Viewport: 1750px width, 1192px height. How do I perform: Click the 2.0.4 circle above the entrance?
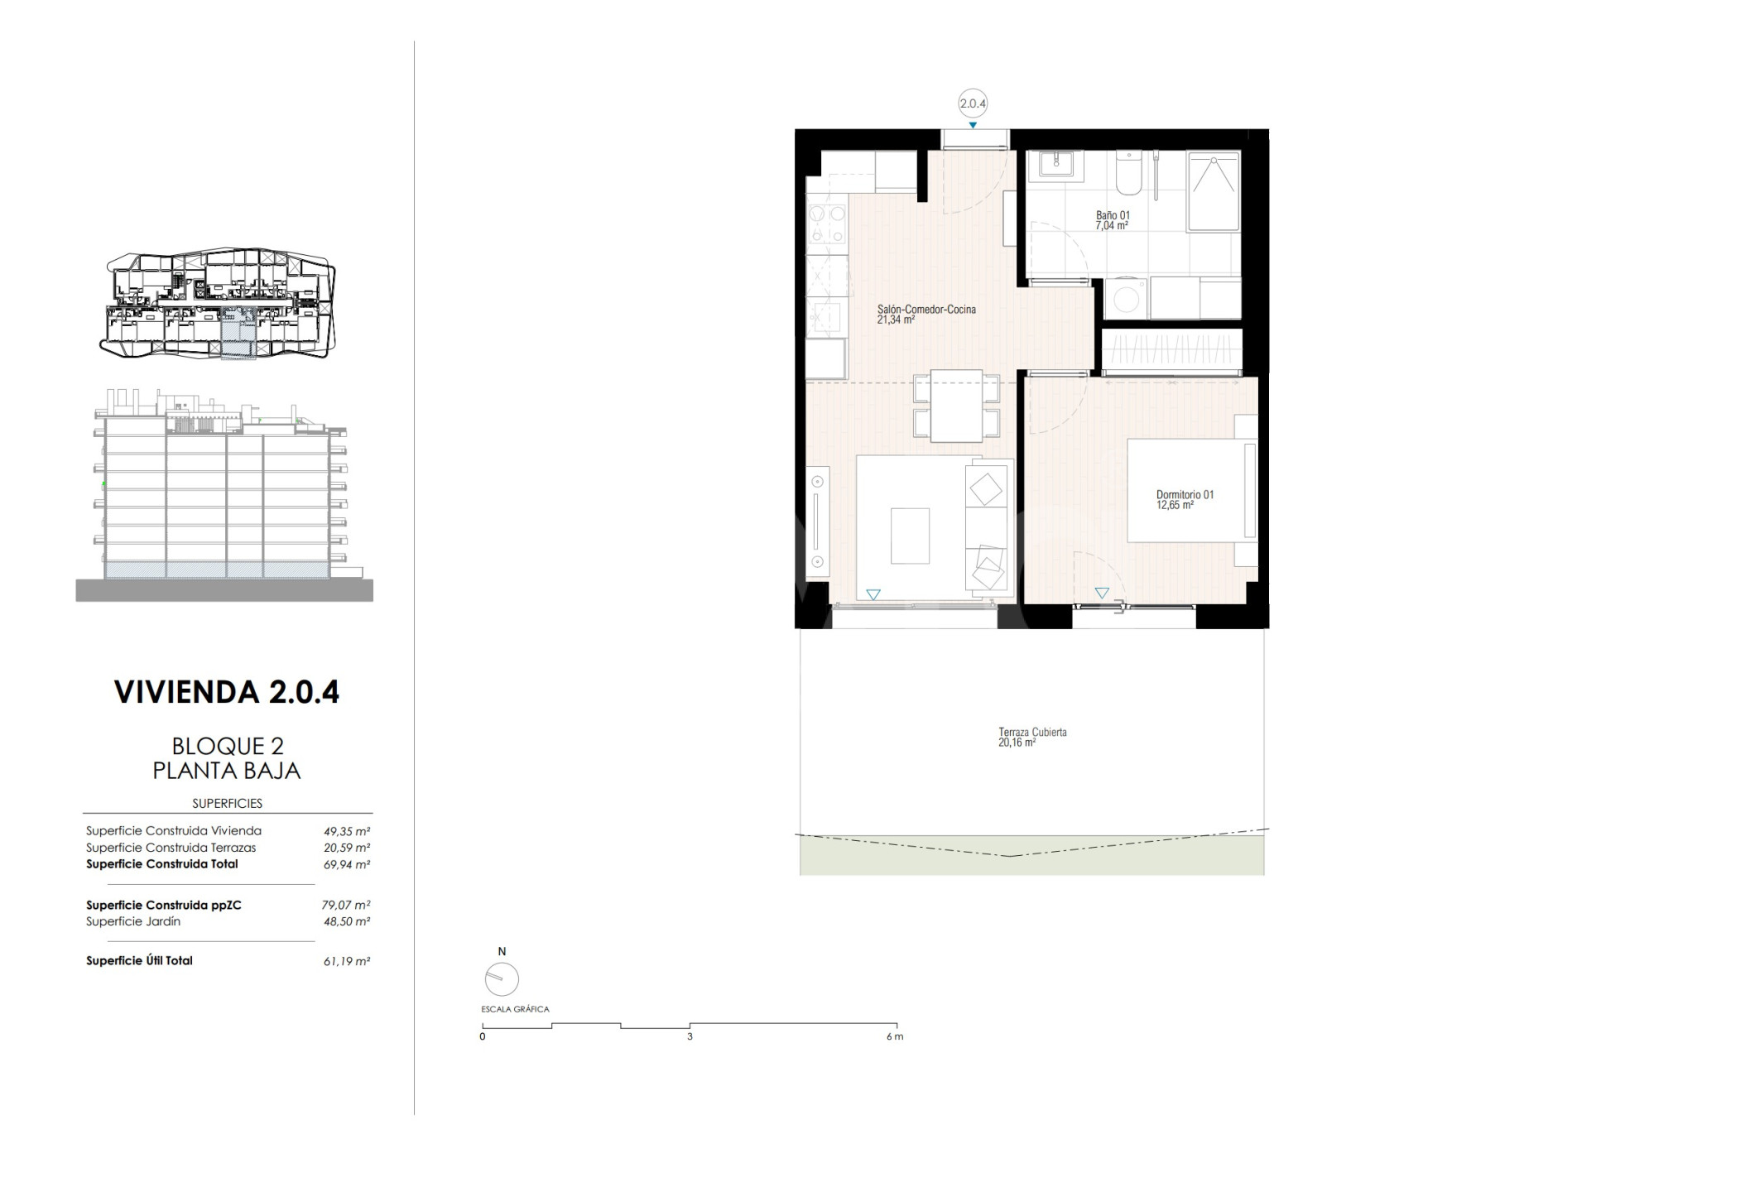[x=973, y=104]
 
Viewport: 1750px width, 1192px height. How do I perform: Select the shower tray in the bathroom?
[x=1214, y=190]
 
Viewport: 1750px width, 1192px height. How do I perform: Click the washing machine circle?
[x=1126, y=298]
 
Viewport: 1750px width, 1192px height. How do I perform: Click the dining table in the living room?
[x=956, y=406]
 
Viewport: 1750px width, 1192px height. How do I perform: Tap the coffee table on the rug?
[x=910, y=536]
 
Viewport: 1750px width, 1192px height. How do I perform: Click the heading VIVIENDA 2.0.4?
[x=227, y=692]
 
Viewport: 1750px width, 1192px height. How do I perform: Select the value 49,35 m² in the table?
[x=346, y=831]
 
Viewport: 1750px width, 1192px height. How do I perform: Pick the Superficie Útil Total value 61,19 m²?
[x=346, y=961]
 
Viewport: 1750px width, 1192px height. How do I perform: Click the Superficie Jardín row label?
[x=133, y=921]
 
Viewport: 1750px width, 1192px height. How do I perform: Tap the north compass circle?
[x=502, y=980]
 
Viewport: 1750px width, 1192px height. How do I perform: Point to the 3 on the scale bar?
[x=690, y=1036]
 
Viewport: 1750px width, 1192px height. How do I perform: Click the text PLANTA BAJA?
[x=227, y=771]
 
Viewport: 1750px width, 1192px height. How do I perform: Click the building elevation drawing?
[x=224, y=493]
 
